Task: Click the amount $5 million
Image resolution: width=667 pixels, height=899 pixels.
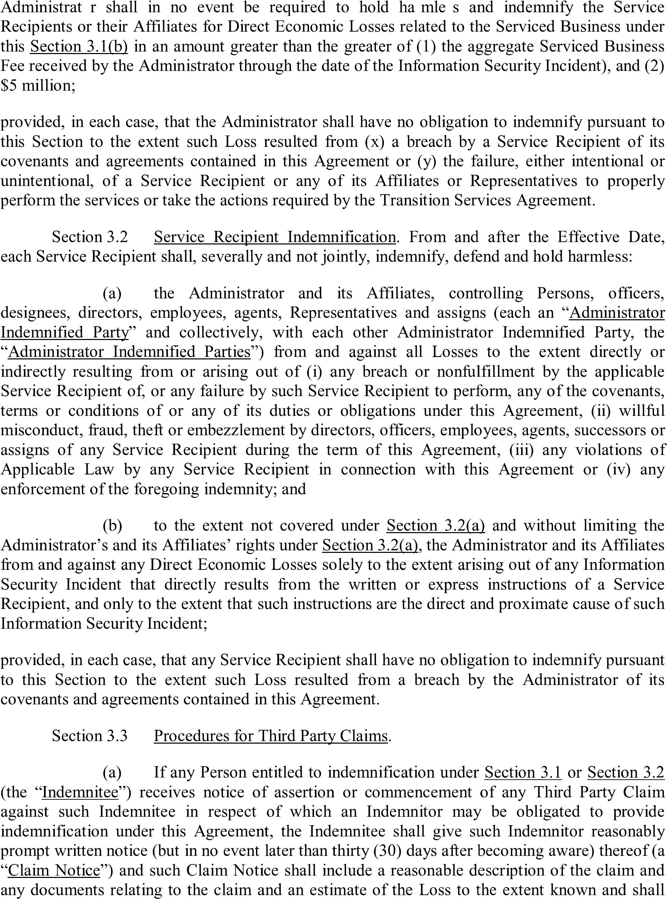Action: [37, 86]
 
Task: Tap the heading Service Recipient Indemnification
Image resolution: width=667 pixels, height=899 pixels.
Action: [275, 237]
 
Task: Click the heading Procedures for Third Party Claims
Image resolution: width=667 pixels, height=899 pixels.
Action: [271, 736]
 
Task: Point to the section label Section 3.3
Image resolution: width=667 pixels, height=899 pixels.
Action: [90, 736]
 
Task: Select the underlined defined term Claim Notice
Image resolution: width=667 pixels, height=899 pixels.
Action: [54, 870]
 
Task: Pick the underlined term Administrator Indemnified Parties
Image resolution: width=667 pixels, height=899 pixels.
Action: [129, 352]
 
